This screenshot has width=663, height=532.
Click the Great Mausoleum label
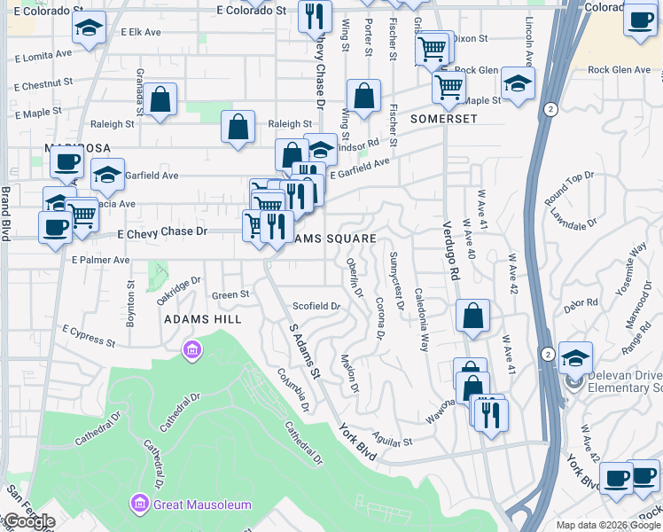(x=202, y=505)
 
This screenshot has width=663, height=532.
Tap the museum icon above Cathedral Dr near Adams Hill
(x=191, y=352)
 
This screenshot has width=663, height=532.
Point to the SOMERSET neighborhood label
(x=443, y=119)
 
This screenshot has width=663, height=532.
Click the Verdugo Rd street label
(x=451, y=250)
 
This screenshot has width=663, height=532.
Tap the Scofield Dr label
(x=317, y=306)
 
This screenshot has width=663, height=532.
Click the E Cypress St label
(x=90, y=334)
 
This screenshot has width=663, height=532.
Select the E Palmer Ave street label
(x=101, y=260)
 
